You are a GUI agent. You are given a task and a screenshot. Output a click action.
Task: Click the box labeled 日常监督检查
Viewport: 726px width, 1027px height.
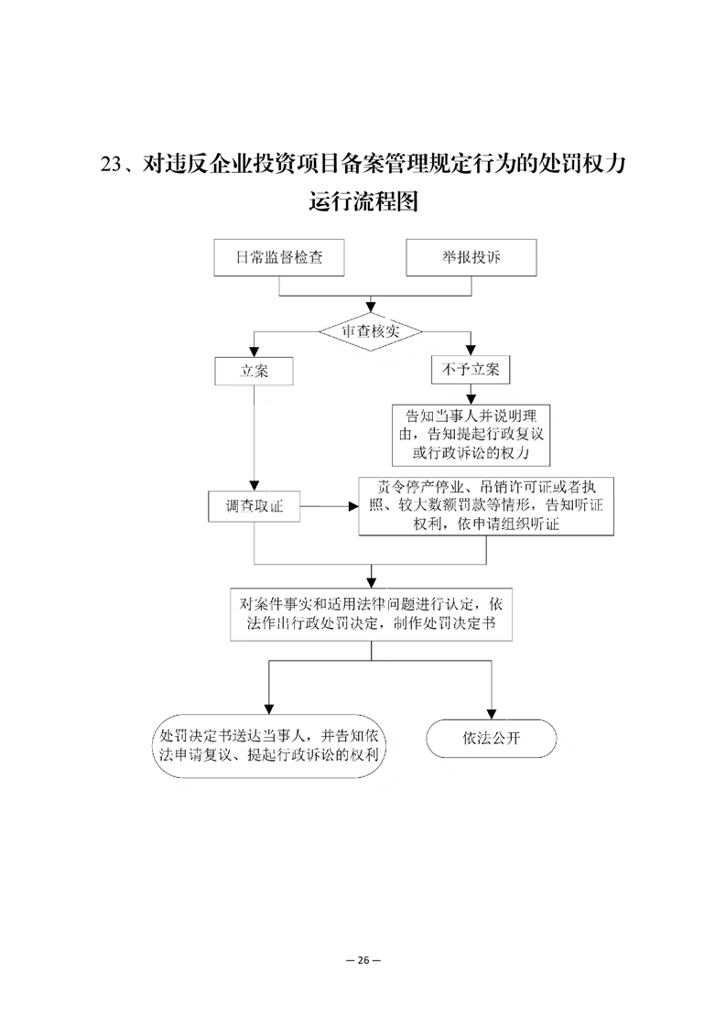279,257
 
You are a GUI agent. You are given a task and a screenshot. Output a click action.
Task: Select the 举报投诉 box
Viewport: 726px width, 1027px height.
471,257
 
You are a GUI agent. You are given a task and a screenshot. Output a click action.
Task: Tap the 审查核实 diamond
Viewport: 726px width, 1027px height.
371,331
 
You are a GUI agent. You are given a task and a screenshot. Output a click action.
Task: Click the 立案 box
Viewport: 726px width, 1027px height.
254,372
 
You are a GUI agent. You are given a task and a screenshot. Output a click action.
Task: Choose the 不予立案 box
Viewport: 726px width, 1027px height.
471,370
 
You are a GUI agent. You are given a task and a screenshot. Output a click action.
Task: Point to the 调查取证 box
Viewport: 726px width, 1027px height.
255,506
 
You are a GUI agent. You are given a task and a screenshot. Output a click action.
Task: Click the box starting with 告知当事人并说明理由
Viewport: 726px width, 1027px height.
471,434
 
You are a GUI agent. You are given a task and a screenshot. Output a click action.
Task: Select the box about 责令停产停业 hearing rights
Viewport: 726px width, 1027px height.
486,506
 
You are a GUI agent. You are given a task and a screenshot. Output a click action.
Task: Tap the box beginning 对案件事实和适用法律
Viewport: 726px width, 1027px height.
371,613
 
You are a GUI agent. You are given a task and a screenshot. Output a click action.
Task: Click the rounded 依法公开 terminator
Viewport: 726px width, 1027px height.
492,739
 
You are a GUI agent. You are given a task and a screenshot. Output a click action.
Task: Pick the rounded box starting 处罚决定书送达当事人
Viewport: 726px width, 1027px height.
268,746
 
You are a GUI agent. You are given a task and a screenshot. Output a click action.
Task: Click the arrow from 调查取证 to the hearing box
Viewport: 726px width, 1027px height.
330,506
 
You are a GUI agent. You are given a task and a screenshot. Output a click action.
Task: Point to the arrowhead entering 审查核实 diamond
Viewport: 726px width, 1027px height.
371,308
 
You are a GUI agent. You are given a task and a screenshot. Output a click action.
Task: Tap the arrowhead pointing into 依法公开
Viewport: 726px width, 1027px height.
492,715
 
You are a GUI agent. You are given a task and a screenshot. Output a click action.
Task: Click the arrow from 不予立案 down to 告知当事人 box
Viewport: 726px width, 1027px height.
471,395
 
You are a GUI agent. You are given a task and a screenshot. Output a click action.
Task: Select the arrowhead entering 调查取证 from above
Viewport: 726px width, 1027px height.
255,485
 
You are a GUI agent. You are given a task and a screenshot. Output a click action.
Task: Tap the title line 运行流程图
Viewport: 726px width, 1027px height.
363,201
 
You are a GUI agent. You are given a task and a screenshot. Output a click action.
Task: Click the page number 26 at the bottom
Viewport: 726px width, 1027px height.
363,960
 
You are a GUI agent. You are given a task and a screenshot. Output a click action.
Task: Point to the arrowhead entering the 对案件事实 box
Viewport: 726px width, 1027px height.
372,582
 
